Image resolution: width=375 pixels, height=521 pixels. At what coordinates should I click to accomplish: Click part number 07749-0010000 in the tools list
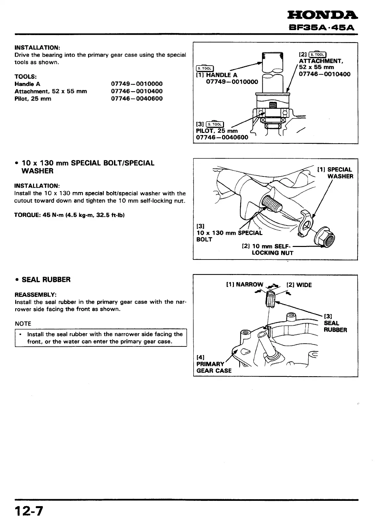click(137, 84)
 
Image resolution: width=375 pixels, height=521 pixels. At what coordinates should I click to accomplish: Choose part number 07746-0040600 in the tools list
click(137, 99)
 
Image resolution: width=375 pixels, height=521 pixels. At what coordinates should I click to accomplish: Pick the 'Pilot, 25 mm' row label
click(33, 99)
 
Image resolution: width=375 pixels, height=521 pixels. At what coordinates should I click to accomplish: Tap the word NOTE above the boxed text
click(23, 324)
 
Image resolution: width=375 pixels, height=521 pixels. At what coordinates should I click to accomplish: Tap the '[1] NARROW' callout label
click(245, 285)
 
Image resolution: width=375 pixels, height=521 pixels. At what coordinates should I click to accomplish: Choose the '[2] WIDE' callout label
click(299, 285)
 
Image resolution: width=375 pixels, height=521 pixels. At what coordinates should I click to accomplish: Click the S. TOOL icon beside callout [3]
click(215, 124)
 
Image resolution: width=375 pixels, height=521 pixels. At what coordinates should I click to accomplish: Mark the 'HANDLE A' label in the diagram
click(221, 75)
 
